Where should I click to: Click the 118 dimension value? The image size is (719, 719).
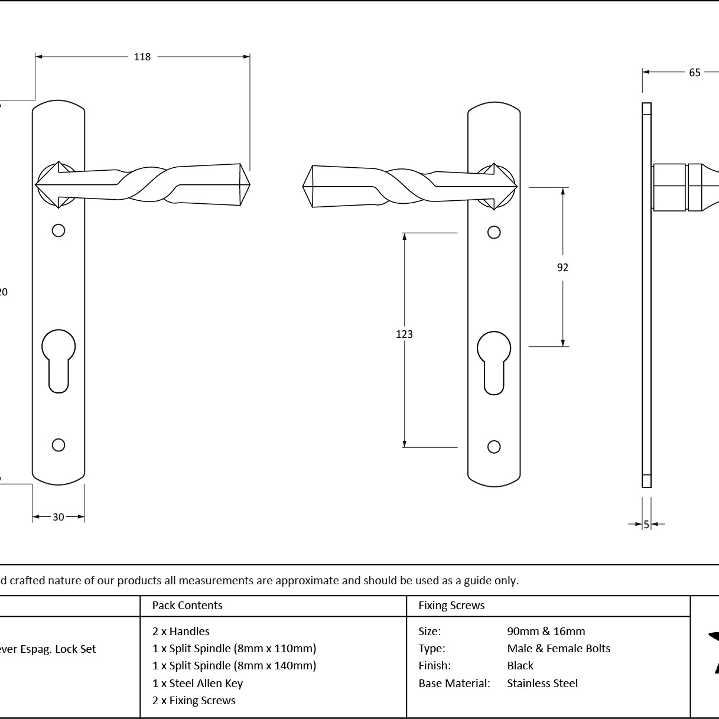pyautogui.click(x=142, y=57)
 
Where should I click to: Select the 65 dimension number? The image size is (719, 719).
pyautogui.click(x=694, y=73)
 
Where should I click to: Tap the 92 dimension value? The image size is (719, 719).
pyautogui.click(x=562, y=268)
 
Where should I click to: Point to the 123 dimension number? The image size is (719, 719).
pyautogui.click(x=404, y=334)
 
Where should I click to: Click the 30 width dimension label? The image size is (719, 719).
pyautogui.click(x=58, y=517)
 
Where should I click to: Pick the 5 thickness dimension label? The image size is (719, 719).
pyautogui.click(x=646, y=524)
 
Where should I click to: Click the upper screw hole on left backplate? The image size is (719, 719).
pyautogui.click(x=58, y=230)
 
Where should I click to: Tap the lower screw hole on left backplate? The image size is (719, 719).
pyautogui.click(x=58, y=445)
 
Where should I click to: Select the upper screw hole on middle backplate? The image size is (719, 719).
pyautogui.click(x=494, y=232)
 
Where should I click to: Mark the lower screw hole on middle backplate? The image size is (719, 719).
pyautogui.click(x=494, y=447)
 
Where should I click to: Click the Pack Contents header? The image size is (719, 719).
pyautogui.click(x=187, y=606)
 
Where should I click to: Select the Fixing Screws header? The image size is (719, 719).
pyautogui.click(x=451, y=606)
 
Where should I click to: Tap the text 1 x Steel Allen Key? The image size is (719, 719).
pyautogui.click(x=197, y=684)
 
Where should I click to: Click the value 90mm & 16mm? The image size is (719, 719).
pyautogui.click(x=546, y=632)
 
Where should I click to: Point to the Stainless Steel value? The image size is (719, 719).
pyautogui.click(x=542, y=684)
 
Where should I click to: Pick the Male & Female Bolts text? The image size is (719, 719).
pyautogui.click(x=558, y=649)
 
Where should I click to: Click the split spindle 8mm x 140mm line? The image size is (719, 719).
pyautogui.click(x=234, y=666)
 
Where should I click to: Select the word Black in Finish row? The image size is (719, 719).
pyautogui.click(x=520, y=666)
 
